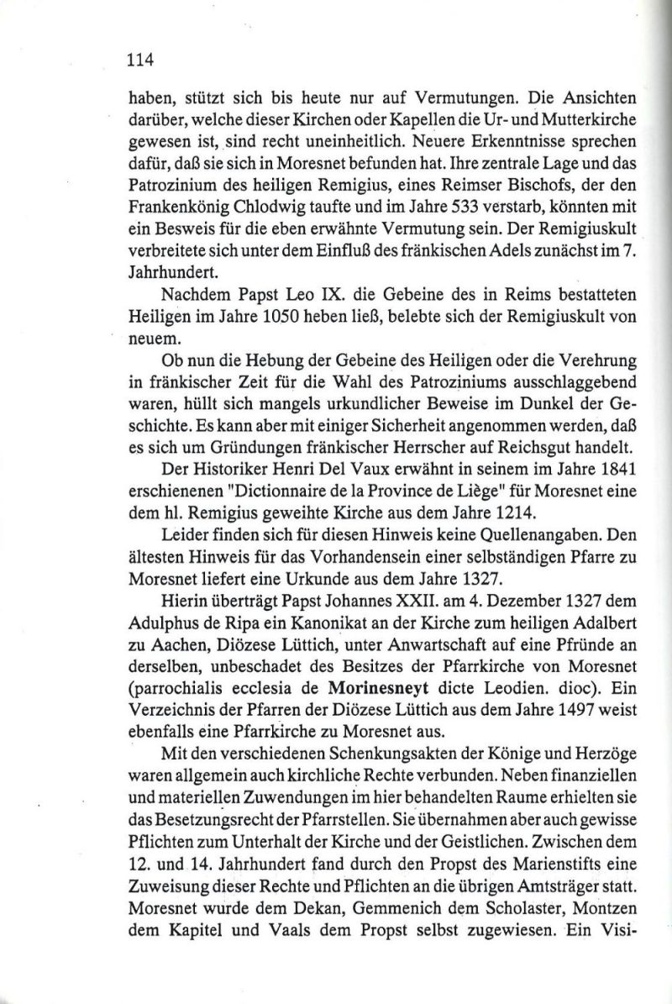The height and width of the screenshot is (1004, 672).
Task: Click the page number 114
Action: point(138,59)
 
